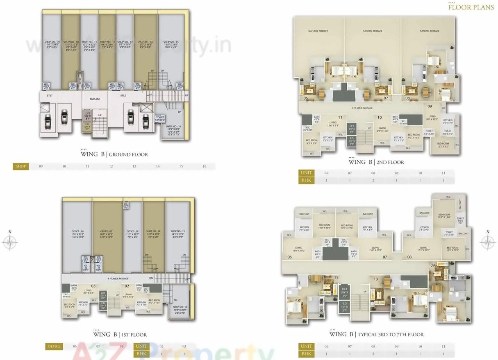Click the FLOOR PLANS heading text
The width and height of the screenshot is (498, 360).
471,7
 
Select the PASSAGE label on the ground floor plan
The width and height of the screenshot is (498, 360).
95,99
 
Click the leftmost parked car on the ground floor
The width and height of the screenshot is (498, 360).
48,120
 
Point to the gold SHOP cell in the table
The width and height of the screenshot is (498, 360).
20,166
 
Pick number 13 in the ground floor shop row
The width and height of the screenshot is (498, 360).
134,166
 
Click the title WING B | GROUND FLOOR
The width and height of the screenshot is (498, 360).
114,154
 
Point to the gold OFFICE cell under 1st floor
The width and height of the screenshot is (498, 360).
54,346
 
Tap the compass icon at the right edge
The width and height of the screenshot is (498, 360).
488,241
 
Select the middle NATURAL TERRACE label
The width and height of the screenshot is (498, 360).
372,31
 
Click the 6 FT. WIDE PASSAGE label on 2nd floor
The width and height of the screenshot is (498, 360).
362,108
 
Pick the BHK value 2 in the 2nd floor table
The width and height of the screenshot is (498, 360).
373,180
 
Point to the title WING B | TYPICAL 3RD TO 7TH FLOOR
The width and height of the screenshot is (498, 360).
376,334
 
